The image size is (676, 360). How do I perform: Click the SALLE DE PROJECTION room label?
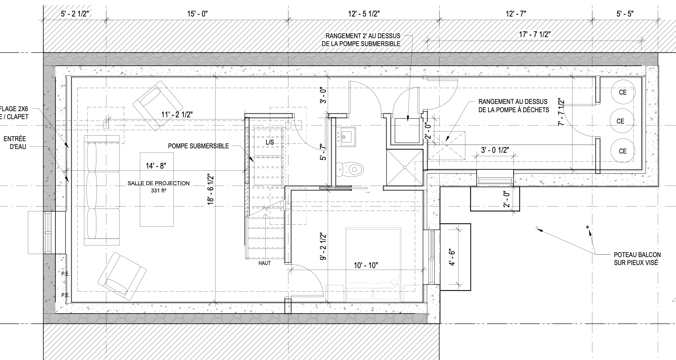(158, 183)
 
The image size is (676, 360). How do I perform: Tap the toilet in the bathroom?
(350, 169)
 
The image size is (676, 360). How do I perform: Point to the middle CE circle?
(621, 121)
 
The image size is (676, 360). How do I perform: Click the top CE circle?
(623, 92)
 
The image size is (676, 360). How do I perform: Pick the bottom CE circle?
(623, 151)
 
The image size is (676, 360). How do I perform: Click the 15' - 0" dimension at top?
(197, 14)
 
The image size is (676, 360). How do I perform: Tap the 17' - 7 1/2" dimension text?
(535, 34)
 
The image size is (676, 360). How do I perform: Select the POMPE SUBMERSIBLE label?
(198, 146)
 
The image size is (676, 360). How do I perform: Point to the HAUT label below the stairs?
(264, 263)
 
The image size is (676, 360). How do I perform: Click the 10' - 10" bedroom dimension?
(366, 265)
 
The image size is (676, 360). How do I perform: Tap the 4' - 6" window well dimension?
(452, 257)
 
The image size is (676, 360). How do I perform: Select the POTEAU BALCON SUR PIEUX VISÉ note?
(637, 258)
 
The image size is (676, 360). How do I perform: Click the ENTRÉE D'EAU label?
(15, 143)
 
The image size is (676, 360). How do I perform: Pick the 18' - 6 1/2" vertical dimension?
(211, 190)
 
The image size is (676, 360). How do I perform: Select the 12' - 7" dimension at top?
(516, 14)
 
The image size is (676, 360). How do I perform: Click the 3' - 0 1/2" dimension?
(495, 150)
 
